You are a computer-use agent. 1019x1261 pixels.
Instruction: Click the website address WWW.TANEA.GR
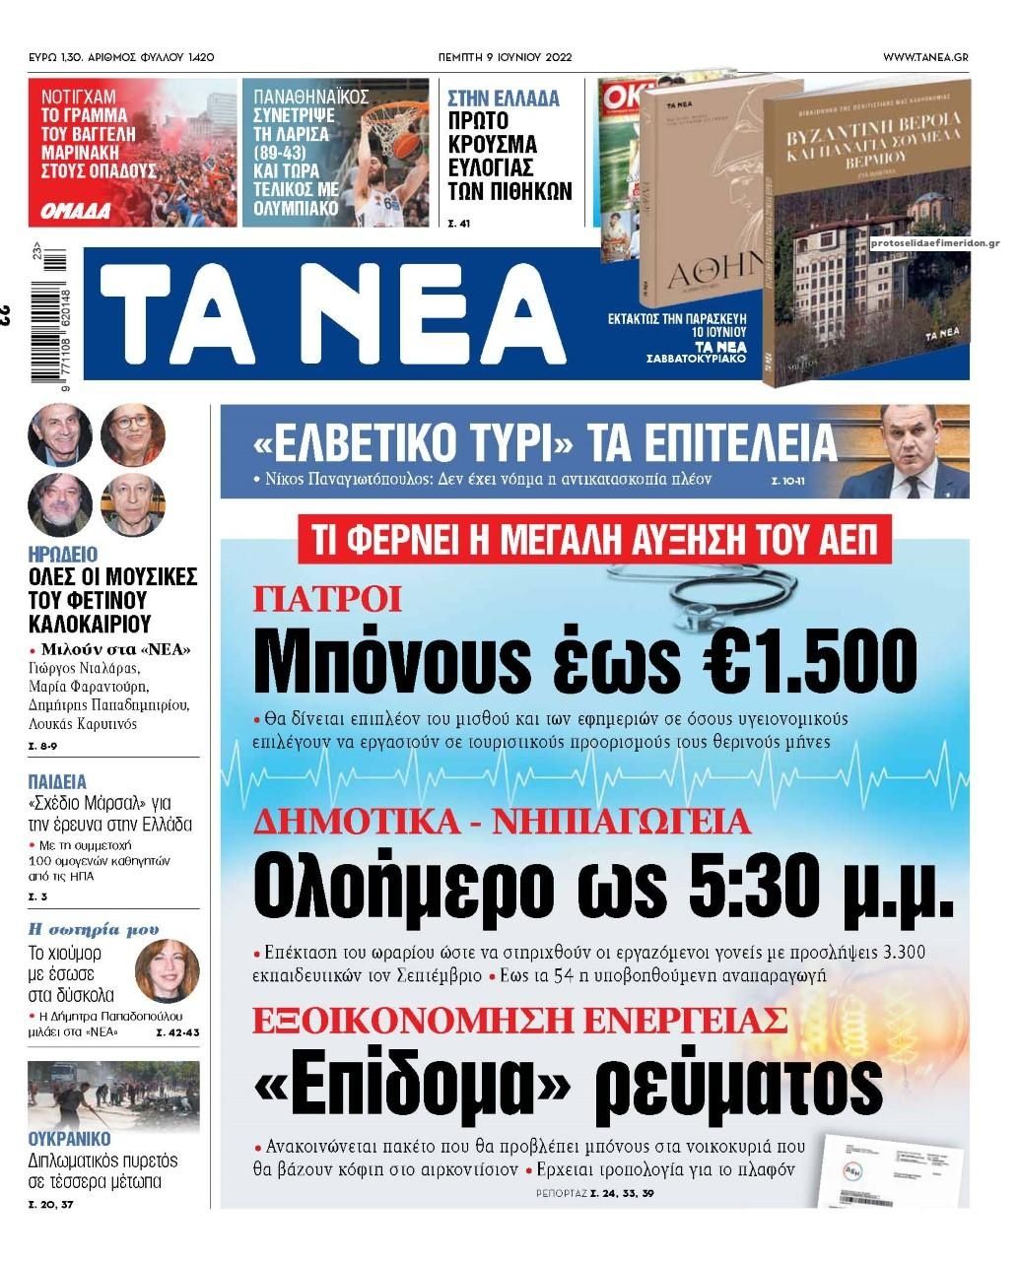coord(924,57)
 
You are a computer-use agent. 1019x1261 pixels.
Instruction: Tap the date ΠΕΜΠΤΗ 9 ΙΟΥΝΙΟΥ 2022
coord(505,57)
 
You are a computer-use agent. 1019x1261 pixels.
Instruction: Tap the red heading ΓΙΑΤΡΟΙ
coord(327,598)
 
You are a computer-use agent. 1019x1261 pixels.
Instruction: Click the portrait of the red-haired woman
coord(167,969)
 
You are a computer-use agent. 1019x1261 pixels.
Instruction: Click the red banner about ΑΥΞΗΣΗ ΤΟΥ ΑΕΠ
coord(594,540)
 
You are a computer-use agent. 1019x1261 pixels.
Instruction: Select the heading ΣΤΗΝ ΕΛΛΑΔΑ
coord(503,99)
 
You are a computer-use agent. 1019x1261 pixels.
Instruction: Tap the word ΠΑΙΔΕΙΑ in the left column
coord(57,782)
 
